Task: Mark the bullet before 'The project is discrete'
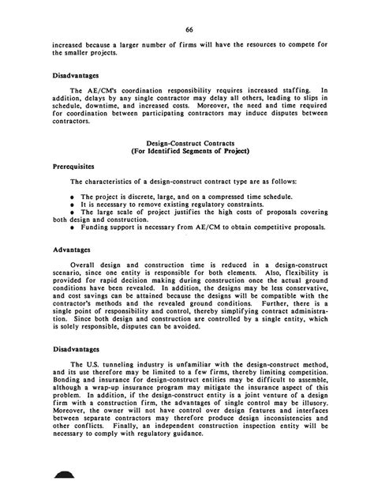(x=72, y=194)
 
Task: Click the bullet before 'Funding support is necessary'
(x=72, y=227)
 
